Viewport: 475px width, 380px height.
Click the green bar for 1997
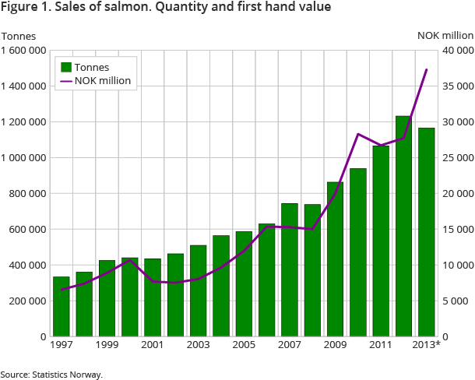coord(61,306)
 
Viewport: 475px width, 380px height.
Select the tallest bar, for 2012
coord(403,226)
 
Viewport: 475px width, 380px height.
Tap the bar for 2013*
coord(426,232)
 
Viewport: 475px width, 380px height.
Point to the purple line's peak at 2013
coord(426,70)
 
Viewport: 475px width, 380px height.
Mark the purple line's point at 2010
coord(357,134)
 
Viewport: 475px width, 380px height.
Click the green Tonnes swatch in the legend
coord(66,67)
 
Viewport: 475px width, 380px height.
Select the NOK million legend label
coord(103,80)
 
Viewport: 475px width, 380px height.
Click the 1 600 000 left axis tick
coord(24,51)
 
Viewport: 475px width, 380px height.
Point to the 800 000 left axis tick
coord(29,193)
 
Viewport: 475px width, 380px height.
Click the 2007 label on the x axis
coord(289,344)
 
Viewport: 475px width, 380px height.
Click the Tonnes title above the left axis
coord(16,35)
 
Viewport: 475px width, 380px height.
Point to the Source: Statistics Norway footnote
coord(51,375)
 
